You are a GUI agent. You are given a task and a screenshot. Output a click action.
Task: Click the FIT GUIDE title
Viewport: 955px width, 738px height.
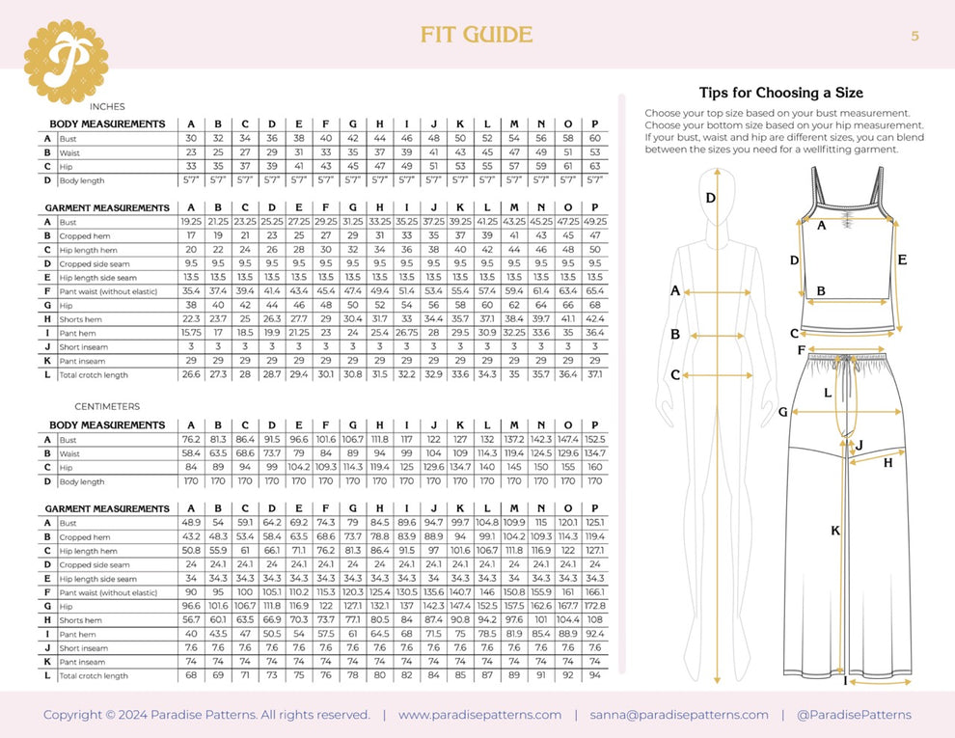point(477,36)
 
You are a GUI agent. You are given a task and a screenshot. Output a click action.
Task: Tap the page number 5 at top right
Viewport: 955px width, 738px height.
point(914,36)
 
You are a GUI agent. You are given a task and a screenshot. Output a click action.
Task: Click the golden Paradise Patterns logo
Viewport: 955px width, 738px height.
point(66,61)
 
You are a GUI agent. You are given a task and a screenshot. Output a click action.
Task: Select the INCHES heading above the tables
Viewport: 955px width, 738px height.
point(106,106)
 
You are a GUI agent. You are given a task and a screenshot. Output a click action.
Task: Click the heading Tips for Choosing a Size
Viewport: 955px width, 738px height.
point(780,94)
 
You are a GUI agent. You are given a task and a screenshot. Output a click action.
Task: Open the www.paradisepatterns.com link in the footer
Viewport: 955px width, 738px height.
point(479,715)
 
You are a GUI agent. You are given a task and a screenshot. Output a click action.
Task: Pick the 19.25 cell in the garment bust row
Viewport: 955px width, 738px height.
point(191,222)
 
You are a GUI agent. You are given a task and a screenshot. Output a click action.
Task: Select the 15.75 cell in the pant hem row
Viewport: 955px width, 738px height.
point(191,332)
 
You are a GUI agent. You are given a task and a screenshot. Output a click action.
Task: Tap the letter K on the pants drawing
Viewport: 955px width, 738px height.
point(835,531)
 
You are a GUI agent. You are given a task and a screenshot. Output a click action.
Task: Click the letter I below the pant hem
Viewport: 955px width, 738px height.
point(846,682)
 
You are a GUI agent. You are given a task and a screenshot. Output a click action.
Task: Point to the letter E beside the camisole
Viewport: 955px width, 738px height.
point(901,260)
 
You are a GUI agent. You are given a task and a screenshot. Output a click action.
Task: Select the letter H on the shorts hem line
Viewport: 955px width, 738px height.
point(887,463)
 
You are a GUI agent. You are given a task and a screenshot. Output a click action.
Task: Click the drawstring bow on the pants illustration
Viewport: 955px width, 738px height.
point(846,365)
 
